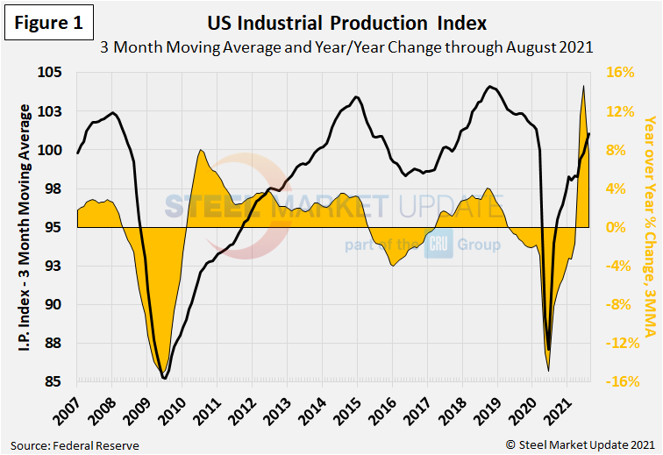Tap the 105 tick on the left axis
pos(59,73)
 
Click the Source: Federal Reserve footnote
pos(75,445)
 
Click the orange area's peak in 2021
pos(584,86)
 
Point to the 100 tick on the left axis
pos(59,150)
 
